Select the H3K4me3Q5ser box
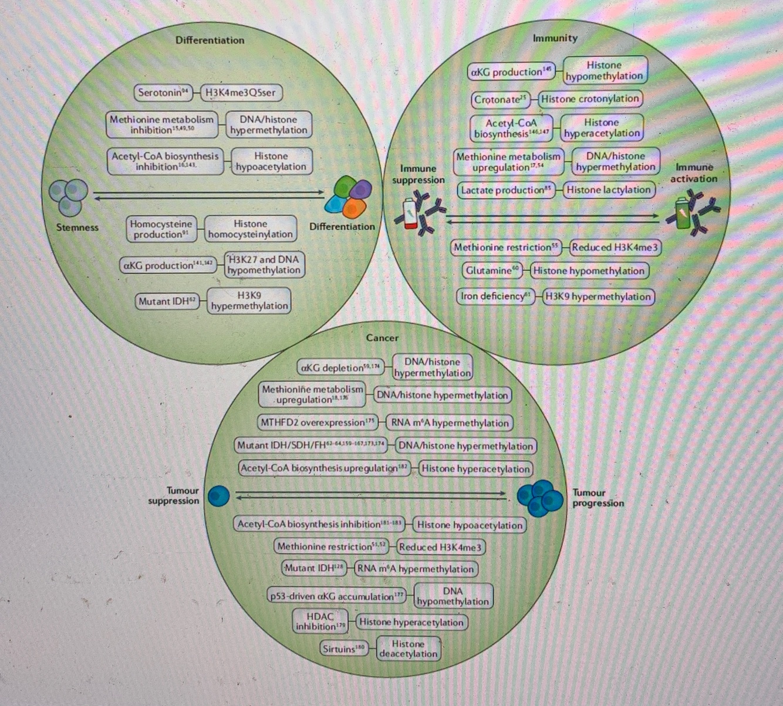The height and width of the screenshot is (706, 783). coord(241,93)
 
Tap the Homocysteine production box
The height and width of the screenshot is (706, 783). coord(161,229)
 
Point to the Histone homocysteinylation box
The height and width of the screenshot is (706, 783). coord(250,229)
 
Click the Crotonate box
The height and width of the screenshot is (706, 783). coord(500,100)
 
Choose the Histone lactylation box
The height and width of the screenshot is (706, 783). coord(608,190)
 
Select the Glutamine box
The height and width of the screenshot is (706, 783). coord(492,271)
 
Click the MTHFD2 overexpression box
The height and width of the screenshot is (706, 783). coord(317,423)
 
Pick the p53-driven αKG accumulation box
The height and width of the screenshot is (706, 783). coord(337,596)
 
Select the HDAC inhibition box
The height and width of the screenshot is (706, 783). coord(320,621)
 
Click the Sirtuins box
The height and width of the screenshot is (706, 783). coord(343,648)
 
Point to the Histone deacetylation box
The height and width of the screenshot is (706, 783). coord(408,648)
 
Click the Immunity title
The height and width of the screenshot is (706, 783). coord(555,38)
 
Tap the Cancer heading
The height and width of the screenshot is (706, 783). coord(382,338)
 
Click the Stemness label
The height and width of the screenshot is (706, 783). coord(77,228)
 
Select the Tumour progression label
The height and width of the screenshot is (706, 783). coord(598,498)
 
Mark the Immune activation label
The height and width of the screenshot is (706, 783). coord(694,173)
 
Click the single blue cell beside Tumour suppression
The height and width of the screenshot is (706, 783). coord(218,496)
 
